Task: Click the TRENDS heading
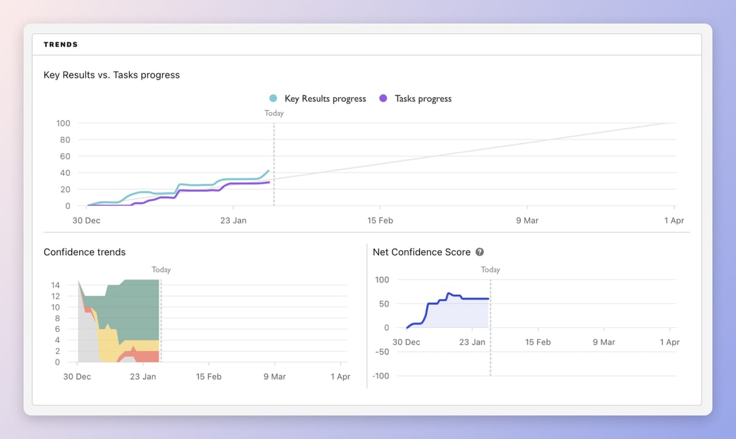61,45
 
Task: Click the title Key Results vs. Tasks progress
112,75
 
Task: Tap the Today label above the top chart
274,113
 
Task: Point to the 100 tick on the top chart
64,123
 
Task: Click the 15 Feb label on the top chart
380,221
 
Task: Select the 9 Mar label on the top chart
527,221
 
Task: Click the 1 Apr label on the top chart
673,221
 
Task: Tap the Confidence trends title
85,252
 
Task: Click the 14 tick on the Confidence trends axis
55,285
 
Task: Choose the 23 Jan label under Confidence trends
143,376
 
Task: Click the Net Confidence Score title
421,252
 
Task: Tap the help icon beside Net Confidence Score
480,252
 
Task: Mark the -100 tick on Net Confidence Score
381,376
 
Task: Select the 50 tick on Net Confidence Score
384,304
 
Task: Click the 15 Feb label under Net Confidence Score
538,342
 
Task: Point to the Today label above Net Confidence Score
490,270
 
